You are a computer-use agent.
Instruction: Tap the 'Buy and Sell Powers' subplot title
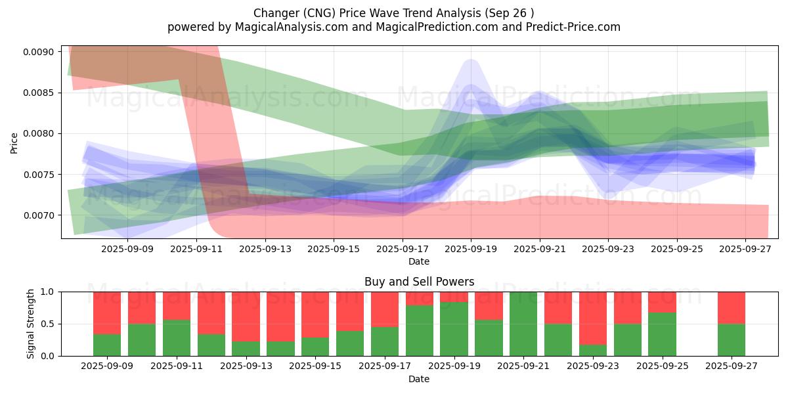point(419,282)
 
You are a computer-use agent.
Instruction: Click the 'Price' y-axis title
point(14,142)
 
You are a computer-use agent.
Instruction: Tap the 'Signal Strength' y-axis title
point(31,323)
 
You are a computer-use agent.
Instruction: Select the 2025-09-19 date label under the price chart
point(471,249)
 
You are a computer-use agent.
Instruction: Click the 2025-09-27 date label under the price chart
point(745,249)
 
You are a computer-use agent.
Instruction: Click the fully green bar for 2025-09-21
point(523,324)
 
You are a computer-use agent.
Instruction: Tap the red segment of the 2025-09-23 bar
point(593,318)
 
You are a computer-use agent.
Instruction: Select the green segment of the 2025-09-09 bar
point(107,345)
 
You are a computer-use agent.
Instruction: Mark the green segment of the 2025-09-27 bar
point(732,340)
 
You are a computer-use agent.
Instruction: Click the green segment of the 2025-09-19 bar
point(454,329)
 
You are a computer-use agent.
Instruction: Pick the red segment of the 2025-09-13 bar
point(246,317)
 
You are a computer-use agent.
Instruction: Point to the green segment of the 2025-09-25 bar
point(662,334)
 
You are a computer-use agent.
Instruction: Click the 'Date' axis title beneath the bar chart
point(419,379)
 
